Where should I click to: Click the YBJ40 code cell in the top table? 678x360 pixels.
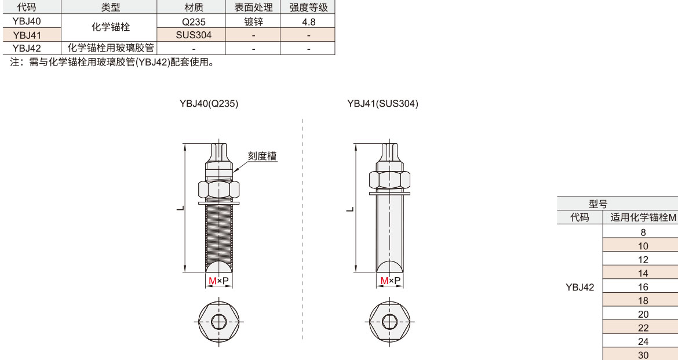(x=27, y=21)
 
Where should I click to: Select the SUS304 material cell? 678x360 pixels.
(x=194, y=35)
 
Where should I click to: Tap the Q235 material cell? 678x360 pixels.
(x=194, y=21)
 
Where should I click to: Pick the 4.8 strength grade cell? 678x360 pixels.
(x=308, y=21)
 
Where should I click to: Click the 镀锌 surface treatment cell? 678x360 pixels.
(x=253, y=21)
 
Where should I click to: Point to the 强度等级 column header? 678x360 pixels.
(x=308, y=8)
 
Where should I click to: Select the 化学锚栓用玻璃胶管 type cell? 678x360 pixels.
(x=111, y=48)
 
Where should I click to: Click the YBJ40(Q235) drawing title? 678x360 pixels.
(x=209, y=104)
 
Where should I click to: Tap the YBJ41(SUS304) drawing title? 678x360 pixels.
(x=382, y=104)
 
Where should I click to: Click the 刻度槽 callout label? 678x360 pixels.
(x=262, y=156)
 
